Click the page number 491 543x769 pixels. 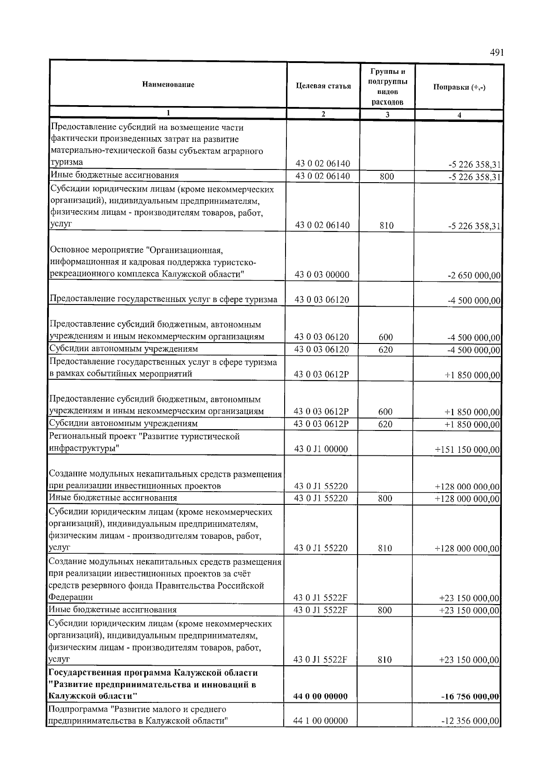(x=496, y=53)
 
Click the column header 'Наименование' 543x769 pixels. (x=168, y=84)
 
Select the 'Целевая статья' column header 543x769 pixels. (x=323, y=86)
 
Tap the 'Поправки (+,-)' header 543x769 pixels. (x=459, y=87)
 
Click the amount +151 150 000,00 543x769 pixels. (x=467, y=450)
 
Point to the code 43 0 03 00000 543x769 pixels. (x=322, y=275)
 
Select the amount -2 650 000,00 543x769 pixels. (x=474, y=276)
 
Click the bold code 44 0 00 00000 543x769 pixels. (x=320, y=696)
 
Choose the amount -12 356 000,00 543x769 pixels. (x=470, y=721)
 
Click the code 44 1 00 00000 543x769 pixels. (x=320, y=721)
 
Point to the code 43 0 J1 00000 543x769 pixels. (x=321, y=449)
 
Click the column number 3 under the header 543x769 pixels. (x=387, y=115)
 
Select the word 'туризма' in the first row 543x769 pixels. (x=67, y=162)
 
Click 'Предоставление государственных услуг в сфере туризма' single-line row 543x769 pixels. (x=163, y=299)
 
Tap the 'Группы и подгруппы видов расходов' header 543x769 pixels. (x=387, y=86)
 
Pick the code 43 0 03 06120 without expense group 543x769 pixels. (x=322, y=300)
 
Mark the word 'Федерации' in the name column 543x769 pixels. (x=70, y=597)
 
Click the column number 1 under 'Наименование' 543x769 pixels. (x=168, y=113)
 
